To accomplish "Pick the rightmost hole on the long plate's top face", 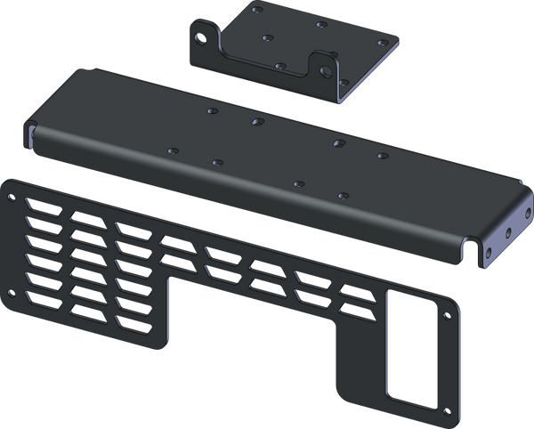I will point(382,156).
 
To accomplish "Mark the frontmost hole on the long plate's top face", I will point(341,194).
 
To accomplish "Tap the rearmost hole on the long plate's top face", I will point(210,112).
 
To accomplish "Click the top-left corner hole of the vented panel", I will point(11,191).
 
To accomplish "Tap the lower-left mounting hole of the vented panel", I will point(12,294).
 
